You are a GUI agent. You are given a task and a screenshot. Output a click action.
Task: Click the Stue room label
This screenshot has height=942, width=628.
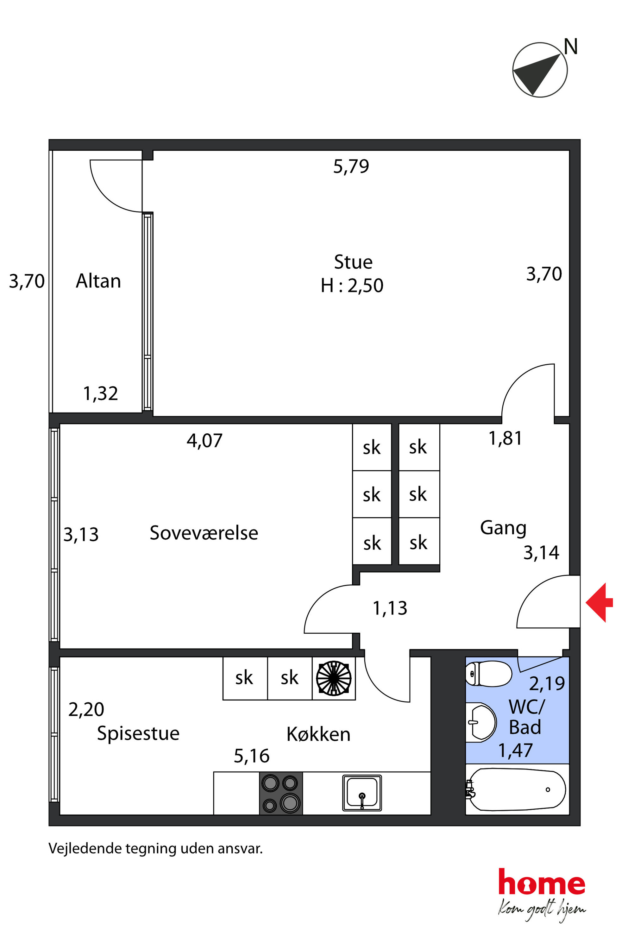click(353, 262)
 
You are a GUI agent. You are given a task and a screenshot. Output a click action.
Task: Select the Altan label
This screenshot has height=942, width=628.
click(98, 281)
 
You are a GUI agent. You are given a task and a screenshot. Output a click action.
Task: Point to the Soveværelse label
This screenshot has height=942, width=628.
click(204, 533)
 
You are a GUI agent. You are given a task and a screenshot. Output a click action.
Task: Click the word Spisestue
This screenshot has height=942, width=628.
click(138, 734)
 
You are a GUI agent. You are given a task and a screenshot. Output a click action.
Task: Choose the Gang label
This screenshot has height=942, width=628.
click(503, 528)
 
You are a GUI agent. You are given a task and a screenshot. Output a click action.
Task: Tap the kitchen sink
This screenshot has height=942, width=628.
click(362, 793)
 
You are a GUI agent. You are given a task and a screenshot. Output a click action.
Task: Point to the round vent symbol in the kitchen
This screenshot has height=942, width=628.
click(334, 678)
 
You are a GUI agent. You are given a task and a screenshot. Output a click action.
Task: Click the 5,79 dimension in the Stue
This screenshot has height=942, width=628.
click(351, 166)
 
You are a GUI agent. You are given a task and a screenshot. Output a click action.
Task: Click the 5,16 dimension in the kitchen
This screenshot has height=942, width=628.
click(252, 756)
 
